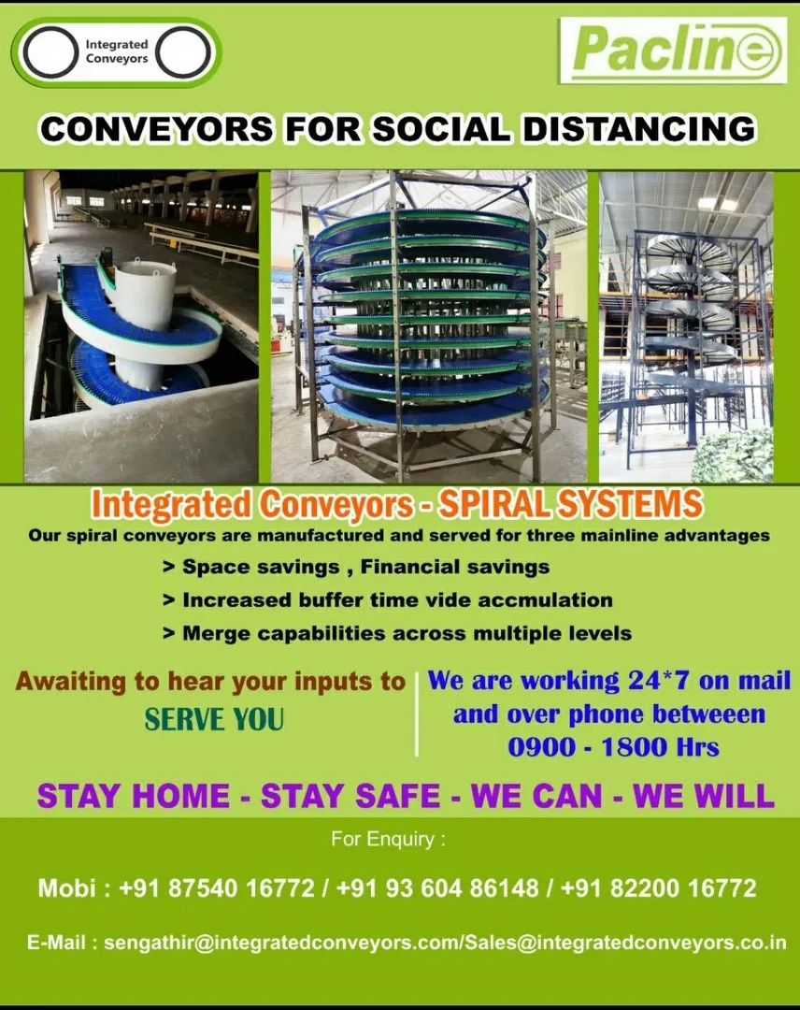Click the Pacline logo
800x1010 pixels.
(x=673, y=50)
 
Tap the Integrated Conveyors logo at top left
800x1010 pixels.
(x=117, y=52)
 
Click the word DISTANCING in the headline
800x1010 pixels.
(x=639, y=128)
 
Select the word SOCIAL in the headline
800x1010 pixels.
(x=441, y=128)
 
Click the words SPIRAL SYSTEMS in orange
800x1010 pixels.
(x=570, y=504)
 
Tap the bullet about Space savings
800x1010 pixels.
(x=356, y=567)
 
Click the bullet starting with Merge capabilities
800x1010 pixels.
(x=397, y=633)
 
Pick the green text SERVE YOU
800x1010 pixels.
(x=214, y=719)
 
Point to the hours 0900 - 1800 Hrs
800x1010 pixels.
(x=613, y=747)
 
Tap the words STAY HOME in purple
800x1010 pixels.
(x=134, y=796)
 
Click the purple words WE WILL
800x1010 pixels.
(x=704, y=796)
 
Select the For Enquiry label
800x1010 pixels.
(x=388, y=839)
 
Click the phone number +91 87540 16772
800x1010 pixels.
(x=217, y=888)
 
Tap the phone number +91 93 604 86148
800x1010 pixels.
(x=437, y=888)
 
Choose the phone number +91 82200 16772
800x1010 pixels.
(x=658, y=888)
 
